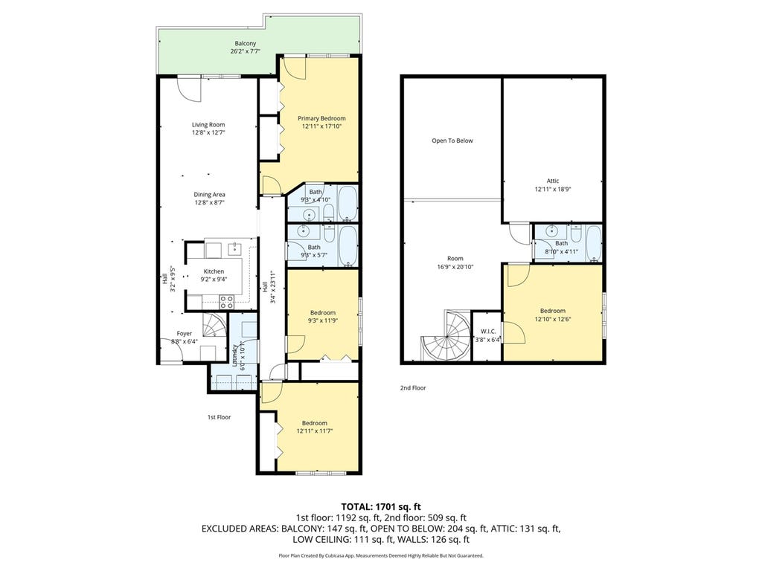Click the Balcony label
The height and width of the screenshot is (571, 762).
pos(246,44)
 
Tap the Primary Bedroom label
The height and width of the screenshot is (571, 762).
pos(321,118)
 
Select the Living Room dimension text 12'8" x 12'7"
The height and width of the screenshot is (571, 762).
pos(208,132)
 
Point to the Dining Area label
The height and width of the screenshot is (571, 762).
pos(209,195)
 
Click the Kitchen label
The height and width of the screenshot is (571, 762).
pos(214,271)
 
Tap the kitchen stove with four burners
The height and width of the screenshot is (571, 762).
pos(226,302)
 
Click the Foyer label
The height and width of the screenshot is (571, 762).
pos(185,334)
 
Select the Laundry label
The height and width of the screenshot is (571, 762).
pos(235,355)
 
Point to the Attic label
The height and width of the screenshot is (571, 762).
pos(553,181)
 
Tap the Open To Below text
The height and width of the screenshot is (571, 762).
pos(452,141)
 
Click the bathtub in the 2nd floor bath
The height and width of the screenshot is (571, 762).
pos(594,243)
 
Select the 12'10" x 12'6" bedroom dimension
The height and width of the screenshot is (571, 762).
pos(553,319)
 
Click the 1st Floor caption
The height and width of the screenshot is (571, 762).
pos(220,417)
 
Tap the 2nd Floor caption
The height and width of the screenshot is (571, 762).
pos(413,388)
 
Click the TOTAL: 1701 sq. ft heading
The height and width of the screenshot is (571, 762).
pos(380,507)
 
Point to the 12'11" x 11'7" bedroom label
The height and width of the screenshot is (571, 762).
pos(315,427)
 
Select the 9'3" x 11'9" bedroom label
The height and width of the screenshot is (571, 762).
pos(323,317)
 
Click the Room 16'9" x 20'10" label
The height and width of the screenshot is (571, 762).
pos(455,262)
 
